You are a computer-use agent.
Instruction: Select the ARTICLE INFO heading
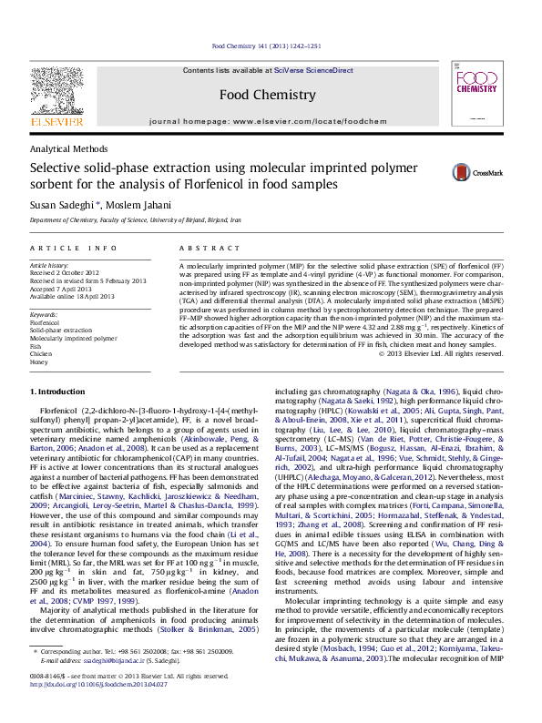pos(73,248)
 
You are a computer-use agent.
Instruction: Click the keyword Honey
pos(38,362)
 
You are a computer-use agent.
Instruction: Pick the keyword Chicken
pos(41,354)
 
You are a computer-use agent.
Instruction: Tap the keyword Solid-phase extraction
pos(62,330)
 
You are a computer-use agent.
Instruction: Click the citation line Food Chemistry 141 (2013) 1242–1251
pos(265,45)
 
